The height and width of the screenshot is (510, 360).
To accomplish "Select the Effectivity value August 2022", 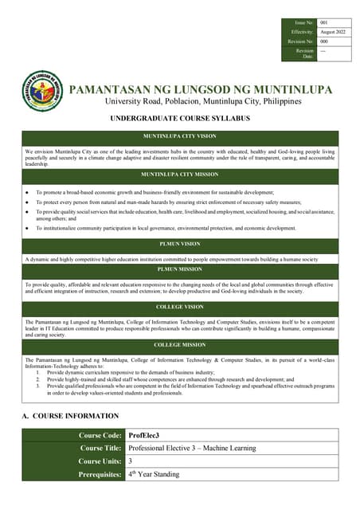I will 332,32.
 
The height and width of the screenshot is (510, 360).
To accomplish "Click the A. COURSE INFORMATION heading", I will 71,415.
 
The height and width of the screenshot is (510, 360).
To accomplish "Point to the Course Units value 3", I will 131,461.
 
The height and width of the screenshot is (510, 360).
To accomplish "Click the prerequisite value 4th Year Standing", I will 154,474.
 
